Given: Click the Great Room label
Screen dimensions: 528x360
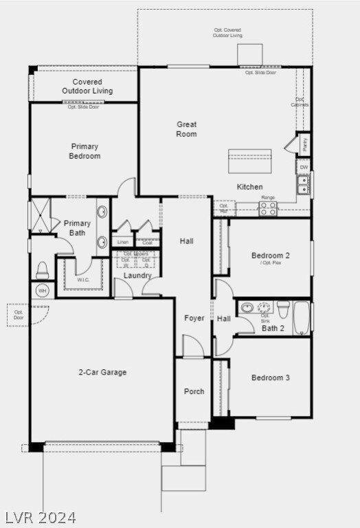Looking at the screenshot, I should pos(186,129).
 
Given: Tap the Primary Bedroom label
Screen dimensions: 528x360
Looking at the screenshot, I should pos(85,151).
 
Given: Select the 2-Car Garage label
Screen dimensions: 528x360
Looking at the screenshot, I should pos(102,373).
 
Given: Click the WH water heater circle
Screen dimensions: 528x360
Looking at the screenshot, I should pos(43,291).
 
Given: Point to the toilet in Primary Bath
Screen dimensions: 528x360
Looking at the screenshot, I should pos(42,269).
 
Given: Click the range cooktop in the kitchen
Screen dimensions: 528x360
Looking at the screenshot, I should pos(268,208).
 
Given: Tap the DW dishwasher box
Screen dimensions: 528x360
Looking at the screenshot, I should pos(304,167).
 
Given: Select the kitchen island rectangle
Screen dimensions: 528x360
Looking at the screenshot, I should pos(249,161).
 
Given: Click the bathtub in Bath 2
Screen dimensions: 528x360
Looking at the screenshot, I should pos(302,318).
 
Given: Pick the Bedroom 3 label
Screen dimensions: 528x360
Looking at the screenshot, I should pos(270,378).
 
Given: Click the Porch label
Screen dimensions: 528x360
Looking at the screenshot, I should pos(194,392).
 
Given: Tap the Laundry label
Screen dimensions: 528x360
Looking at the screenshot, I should pos(137,276).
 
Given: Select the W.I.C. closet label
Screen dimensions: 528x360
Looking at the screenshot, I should pos(84,280).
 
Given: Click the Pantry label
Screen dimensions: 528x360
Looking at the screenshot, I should pos(304,144).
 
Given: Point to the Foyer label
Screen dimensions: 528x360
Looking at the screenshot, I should pos(194,318).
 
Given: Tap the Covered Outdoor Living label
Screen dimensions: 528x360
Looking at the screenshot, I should pos(87,87).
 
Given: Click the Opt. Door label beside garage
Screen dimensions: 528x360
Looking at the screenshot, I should pos(19,315).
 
